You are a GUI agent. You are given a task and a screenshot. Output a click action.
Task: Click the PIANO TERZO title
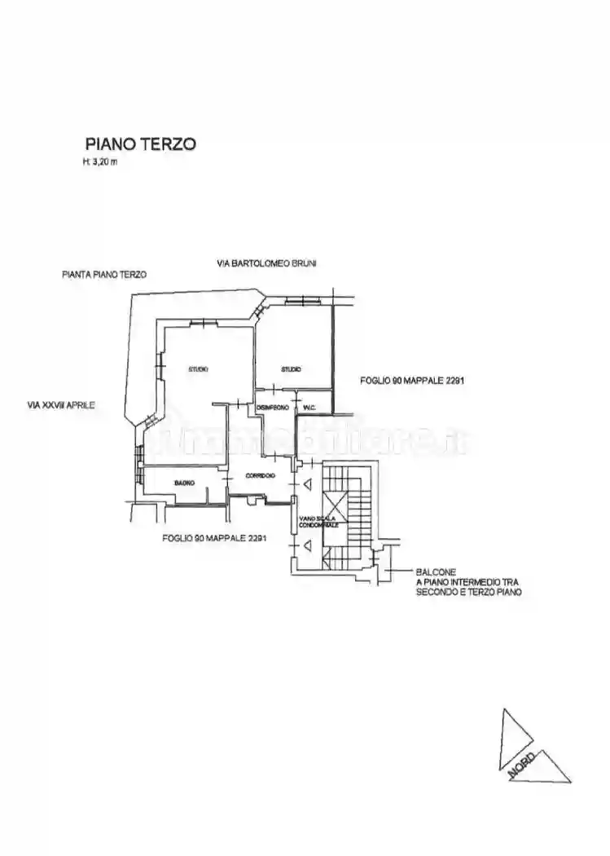click(140, 143)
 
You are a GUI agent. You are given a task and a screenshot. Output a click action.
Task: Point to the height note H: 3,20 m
click(101, 161)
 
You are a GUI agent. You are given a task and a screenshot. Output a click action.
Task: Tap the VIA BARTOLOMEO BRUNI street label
click(267, 263)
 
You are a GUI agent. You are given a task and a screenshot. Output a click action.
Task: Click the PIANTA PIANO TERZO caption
click(104, 276)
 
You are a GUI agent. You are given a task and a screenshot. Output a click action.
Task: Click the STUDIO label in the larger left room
click(198, 369)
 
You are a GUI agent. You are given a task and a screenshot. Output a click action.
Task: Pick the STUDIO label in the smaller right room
click(291, 369)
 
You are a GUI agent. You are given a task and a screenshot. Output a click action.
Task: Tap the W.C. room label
click(309, 407)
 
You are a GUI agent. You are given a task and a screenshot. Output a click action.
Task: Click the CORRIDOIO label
click(259, 475)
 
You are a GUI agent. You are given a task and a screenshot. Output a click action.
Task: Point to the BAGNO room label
click(184, 484)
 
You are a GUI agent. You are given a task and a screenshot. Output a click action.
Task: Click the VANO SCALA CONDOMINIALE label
click(318, 523)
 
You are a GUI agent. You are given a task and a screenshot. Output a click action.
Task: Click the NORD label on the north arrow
click(522, 765)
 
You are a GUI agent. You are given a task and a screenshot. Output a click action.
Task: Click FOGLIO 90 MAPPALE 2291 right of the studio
click(412, 381)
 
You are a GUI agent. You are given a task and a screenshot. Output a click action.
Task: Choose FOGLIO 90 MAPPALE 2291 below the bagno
click(214, 538)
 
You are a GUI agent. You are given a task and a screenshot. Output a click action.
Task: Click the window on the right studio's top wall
click(305, 302)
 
